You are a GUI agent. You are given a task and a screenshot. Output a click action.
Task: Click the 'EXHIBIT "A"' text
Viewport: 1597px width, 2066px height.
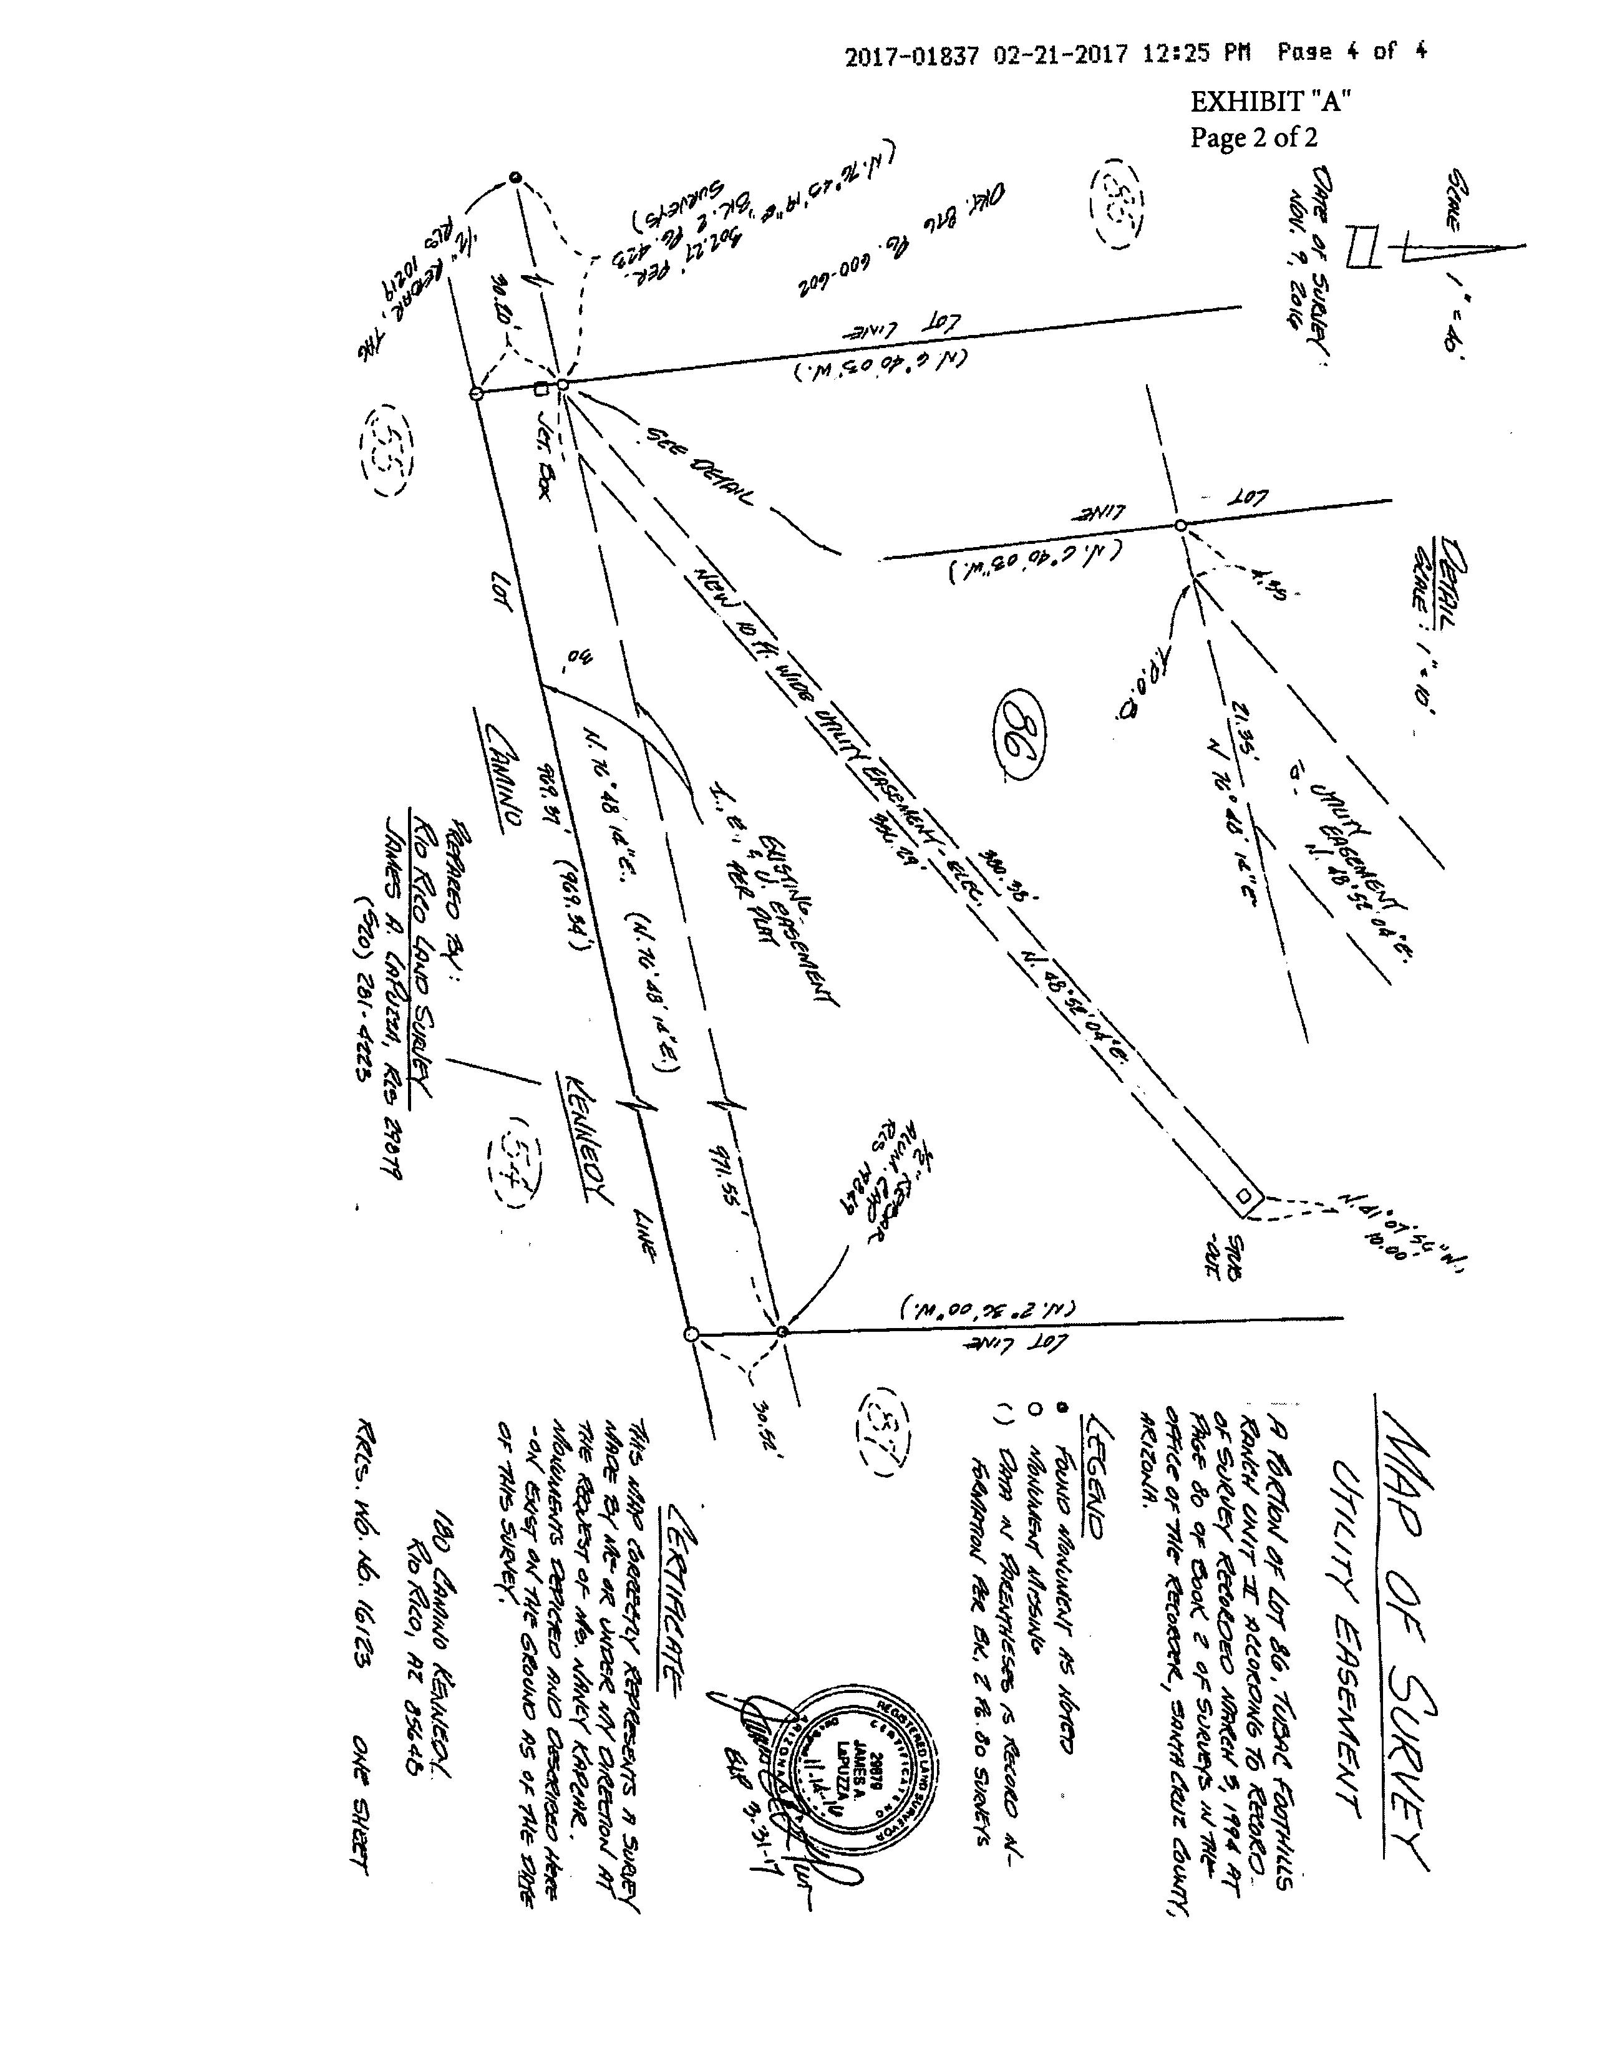pos(1269,101)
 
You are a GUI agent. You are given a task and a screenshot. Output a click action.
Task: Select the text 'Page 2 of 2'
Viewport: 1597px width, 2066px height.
pos(1253,138)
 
